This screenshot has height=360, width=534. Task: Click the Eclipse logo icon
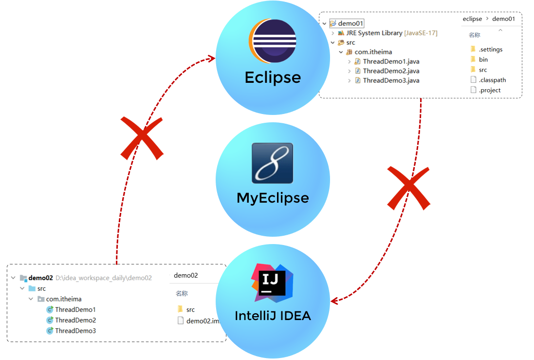click(273, 41)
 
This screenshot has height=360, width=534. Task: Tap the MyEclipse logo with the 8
click(272, 163)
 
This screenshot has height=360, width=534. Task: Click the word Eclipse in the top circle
click(273, 78)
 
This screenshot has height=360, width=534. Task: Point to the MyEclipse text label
click(273, 198)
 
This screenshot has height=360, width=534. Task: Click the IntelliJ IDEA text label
click(273, 316)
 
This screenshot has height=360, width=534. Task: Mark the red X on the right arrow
click(408, 188)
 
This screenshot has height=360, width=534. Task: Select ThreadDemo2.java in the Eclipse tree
click(391, 71)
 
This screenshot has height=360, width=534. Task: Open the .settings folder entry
click(490, 49)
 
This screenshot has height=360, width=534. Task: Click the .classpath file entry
click(492, 80)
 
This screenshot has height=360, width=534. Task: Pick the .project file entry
click(489, 90)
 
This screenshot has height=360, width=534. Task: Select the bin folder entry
click(483, 59)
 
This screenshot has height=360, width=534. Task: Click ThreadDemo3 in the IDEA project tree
click(75, 331)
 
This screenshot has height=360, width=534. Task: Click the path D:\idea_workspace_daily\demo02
click(104, 278)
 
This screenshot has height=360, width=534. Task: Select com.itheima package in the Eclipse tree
click(373, 52)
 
